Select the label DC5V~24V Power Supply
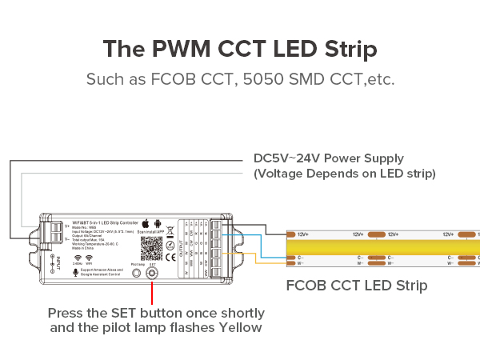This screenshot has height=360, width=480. [x=328, y=158]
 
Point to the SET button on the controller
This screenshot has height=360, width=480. [x=151, y=272]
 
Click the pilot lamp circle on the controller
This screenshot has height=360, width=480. [x=135, y=272]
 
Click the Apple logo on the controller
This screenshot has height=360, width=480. [x=144, y=223]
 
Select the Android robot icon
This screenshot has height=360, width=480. [x=158, y=223]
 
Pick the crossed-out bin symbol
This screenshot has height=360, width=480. [x=170, y=241]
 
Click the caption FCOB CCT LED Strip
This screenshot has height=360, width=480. [x=357, y=286]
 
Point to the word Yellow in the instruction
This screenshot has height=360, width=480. [x=237, y=327]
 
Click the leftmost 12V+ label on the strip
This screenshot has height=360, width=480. [x=302, y=234]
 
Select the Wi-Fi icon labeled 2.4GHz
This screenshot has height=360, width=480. [x=78, y=258]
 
